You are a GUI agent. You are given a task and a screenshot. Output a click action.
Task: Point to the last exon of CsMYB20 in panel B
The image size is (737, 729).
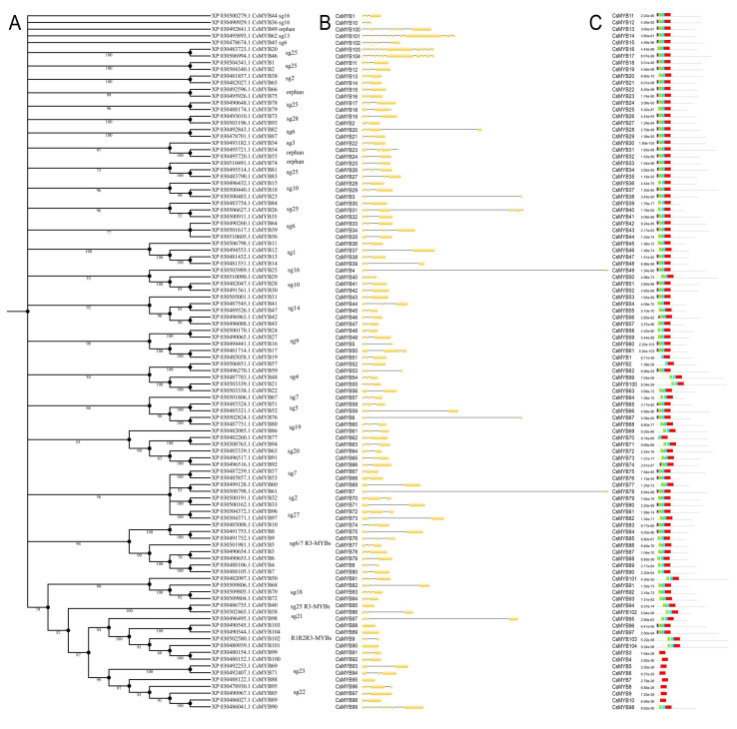pos(480,129)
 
